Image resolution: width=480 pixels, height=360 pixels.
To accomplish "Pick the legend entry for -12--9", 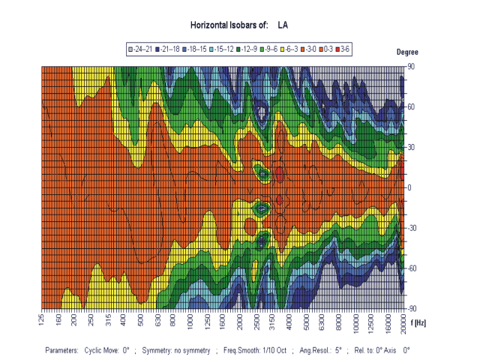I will (x=252, y=49).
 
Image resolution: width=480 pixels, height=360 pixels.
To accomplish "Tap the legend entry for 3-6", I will (x=343, y=49).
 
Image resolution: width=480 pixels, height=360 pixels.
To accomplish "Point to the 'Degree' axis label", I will (x=409, y=52).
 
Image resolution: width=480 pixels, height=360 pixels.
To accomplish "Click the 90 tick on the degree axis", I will (x=410, y=67).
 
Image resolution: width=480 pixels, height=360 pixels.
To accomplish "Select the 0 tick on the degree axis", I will (x=410, y=187).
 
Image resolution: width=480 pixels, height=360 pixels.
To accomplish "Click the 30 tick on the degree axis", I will (x=410, y=147).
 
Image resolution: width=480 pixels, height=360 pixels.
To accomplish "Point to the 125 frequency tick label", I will (x=41, y=320).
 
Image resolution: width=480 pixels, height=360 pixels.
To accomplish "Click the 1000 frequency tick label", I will (x=190, y=322).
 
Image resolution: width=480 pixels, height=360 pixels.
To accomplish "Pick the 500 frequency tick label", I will (x=141, y=320).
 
